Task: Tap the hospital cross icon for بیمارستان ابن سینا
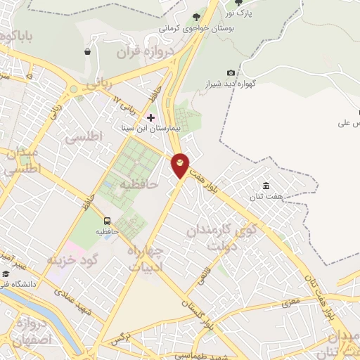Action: tap(150, 117)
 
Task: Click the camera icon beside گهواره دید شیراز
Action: tap(231, 72)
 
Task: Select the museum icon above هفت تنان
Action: tap(266, 186)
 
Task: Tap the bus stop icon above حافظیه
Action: tap(108, 220)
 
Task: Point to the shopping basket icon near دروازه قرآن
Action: tap(87, 51)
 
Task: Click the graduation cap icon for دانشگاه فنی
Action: tap(6, 274)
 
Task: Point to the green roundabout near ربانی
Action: tap(72, 90)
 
